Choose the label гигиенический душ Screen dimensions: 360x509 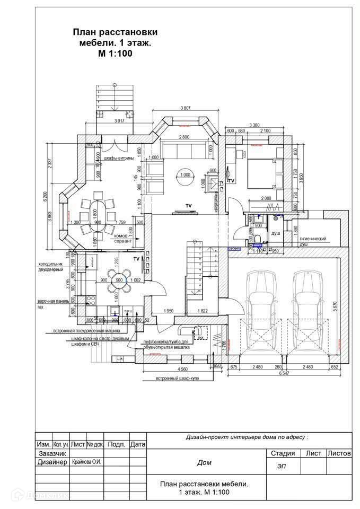click(x=313, y=241)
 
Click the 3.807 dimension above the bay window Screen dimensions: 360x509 click(x=185, y=109)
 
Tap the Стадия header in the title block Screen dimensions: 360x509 click(x=282, y=453)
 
